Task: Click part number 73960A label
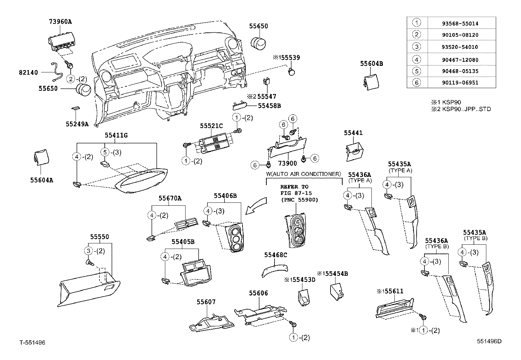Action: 60,22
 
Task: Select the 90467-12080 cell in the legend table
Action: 462,60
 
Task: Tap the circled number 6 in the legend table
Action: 417,83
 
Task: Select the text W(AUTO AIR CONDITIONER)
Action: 303,174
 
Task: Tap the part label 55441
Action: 353,133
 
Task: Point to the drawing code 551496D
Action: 489,341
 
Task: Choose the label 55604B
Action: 371,64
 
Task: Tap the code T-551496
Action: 32,343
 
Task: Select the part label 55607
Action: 206,302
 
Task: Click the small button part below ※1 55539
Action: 291,71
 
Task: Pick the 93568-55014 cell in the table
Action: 462,24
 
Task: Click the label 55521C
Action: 211,126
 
